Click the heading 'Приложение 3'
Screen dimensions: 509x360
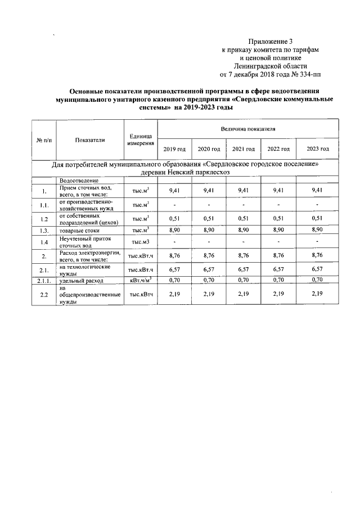coord(271,42)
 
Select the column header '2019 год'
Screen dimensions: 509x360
coord(174,148)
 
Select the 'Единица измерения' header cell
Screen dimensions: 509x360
coord(140,139)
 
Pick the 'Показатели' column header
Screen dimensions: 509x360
coord(90,139)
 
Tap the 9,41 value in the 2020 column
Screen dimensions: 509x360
coord(208,191)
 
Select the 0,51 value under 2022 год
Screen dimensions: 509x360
coord(278,218)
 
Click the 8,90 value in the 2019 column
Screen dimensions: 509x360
coord(174,230)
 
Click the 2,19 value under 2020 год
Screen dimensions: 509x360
coord(208,293)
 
